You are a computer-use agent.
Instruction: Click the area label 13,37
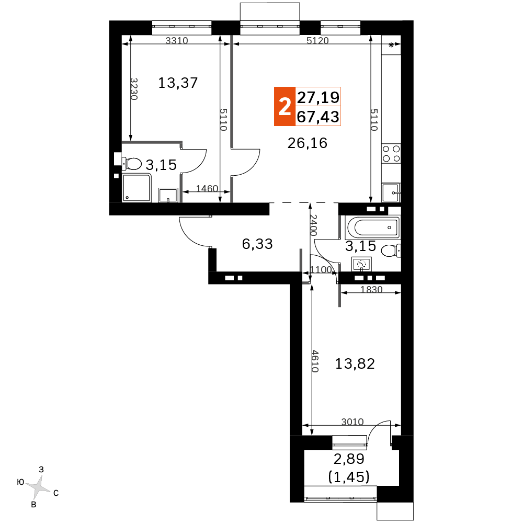[x=178, y=83]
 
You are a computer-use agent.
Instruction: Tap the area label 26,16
[x=308, y=143]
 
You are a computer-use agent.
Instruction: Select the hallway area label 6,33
[x=257, y=244]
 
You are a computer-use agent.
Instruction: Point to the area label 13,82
[x=355, y=363]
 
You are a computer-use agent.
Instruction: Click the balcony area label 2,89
[x=349, y=459]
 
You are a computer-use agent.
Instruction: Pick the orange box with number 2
[x=285, y=106]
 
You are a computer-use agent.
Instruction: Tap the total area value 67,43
[x=318, y=117]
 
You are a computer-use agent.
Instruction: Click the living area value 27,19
[x=318, y=97]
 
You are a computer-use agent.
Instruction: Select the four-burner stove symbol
[x=391, y=154]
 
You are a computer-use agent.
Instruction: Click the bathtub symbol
[x=373, y=228]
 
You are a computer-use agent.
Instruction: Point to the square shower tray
[x=137, y=188]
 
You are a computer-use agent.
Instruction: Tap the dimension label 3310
[x=177, y=41]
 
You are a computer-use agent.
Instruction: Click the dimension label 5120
[x=317, y=41]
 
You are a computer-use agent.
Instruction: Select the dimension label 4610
[x=314, y=361]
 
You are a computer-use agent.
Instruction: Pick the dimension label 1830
[x=371, y=290]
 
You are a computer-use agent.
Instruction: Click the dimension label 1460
[x=207, y=188]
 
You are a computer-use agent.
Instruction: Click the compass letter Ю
[x=20, y=482]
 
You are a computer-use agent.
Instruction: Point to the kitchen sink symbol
[x=391, y=193]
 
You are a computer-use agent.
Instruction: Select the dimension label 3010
[x=352, y=422]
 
